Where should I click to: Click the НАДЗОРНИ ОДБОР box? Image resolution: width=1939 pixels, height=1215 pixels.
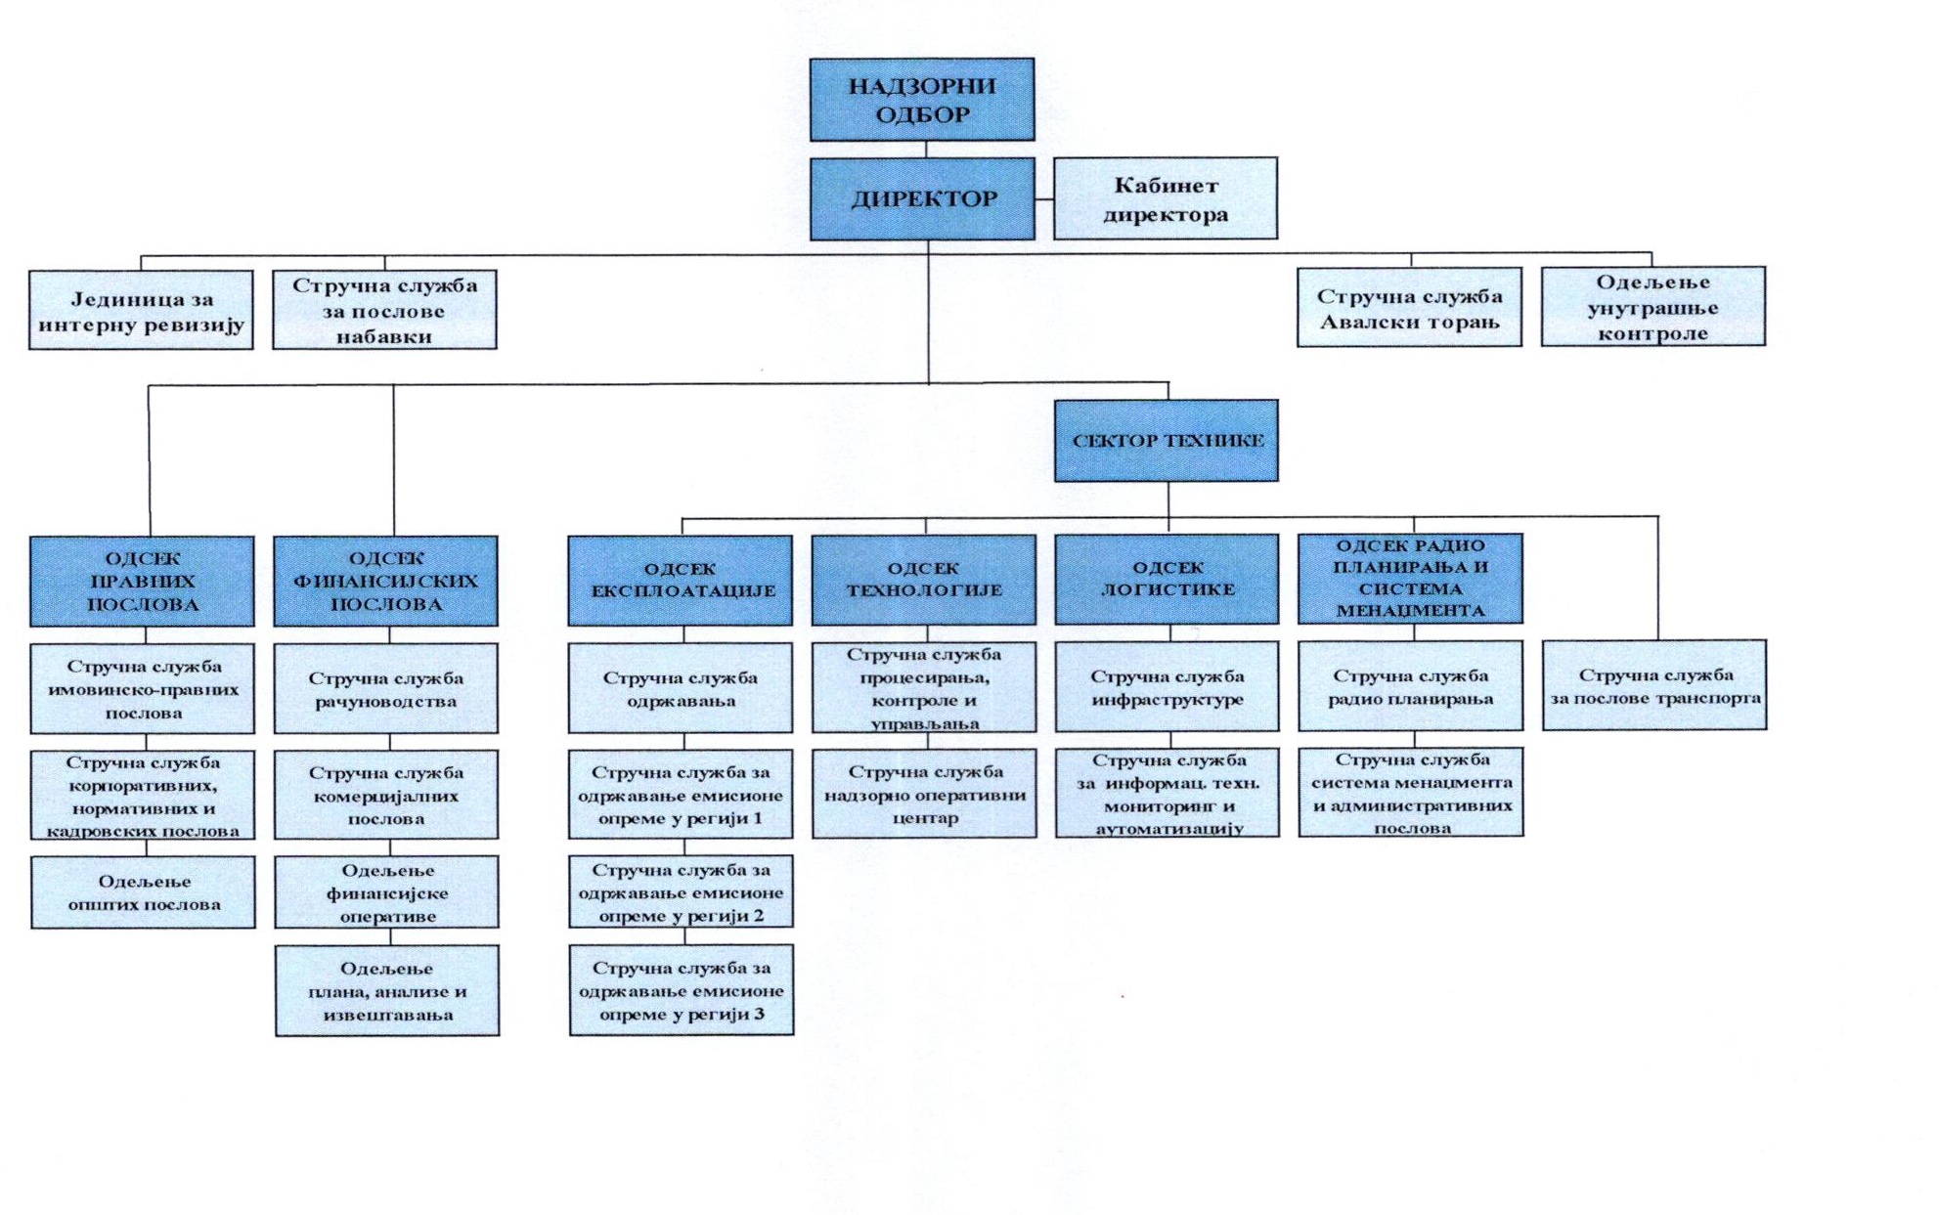921,100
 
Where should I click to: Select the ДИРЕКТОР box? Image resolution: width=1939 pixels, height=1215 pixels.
922,199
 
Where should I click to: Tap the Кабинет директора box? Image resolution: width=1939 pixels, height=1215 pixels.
1165,199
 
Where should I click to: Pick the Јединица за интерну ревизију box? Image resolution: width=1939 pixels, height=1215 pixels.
141,311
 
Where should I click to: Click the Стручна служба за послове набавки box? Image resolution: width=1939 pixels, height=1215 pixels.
384,311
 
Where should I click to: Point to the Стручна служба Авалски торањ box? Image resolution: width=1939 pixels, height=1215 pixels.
1409,308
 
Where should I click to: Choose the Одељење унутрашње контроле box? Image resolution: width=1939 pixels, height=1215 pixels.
1653,307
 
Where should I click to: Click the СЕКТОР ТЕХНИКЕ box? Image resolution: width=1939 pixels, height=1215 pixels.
1166,441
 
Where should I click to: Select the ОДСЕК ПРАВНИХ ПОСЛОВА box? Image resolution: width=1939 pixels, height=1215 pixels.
142,582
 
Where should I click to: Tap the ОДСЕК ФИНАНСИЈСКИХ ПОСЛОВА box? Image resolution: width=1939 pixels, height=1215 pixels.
385,582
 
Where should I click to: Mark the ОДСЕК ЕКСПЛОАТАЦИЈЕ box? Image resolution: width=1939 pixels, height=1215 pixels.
681,581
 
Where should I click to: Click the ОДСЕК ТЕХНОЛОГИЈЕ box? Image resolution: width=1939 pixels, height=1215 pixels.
923,580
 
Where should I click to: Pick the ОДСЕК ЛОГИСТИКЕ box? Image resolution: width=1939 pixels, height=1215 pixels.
1167,579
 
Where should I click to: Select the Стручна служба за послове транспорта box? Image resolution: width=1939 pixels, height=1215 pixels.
1654,685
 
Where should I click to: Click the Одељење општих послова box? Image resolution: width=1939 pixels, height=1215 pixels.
143,892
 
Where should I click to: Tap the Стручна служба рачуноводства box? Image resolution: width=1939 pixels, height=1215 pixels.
385,689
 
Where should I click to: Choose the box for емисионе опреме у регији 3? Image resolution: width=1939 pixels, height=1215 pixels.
682,990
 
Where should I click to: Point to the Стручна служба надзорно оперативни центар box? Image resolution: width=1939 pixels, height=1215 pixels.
924,794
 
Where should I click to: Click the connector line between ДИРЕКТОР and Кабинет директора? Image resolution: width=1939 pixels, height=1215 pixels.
1044,199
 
